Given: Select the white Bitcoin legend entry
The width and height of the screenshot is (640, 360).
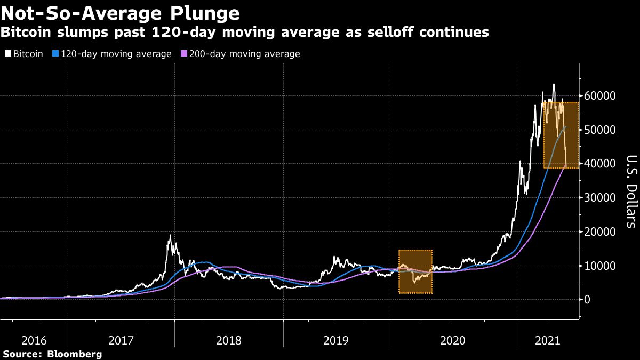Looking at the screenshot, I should (25, 54).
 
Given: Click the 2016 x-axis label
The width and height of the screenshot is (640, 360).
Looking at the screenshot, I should (33, 340).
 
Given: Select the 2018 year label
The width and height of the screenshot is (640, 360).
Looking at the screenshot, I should (229, 340).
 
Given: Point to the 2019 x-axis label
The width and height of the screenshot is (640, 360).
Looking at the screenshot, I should (336, 340).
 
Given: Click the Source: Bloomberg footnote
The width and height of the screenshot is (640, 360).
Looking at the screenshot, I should (52, 354).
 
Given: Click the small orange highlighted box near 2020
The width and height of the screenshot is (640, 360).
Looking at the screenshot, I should (415, 271).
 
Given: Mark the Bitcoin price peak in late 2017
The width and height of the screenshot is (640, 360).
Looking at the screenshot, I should (170, 235).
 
